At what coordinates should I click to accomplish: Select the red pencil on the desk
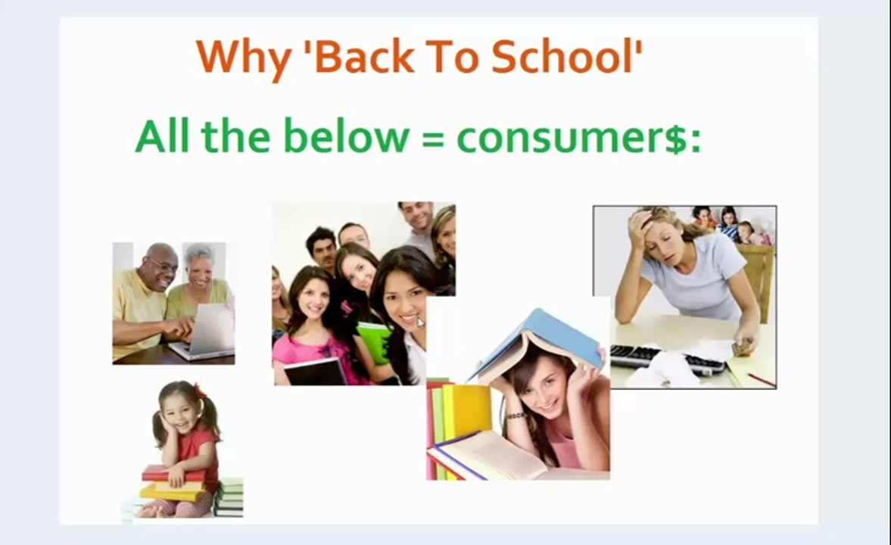761,379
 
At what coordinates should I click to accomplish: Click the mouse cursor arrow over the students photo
421,322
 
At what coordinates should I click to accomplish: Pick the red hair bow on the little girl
200,391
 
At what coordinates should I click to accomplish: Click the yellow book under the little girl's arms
173,490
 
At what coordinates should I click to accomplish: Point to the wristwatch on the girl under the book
516,416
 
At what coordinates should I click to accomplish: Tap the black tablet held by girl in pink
314,371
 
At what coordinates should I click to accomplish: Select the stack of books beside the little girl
229,497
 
